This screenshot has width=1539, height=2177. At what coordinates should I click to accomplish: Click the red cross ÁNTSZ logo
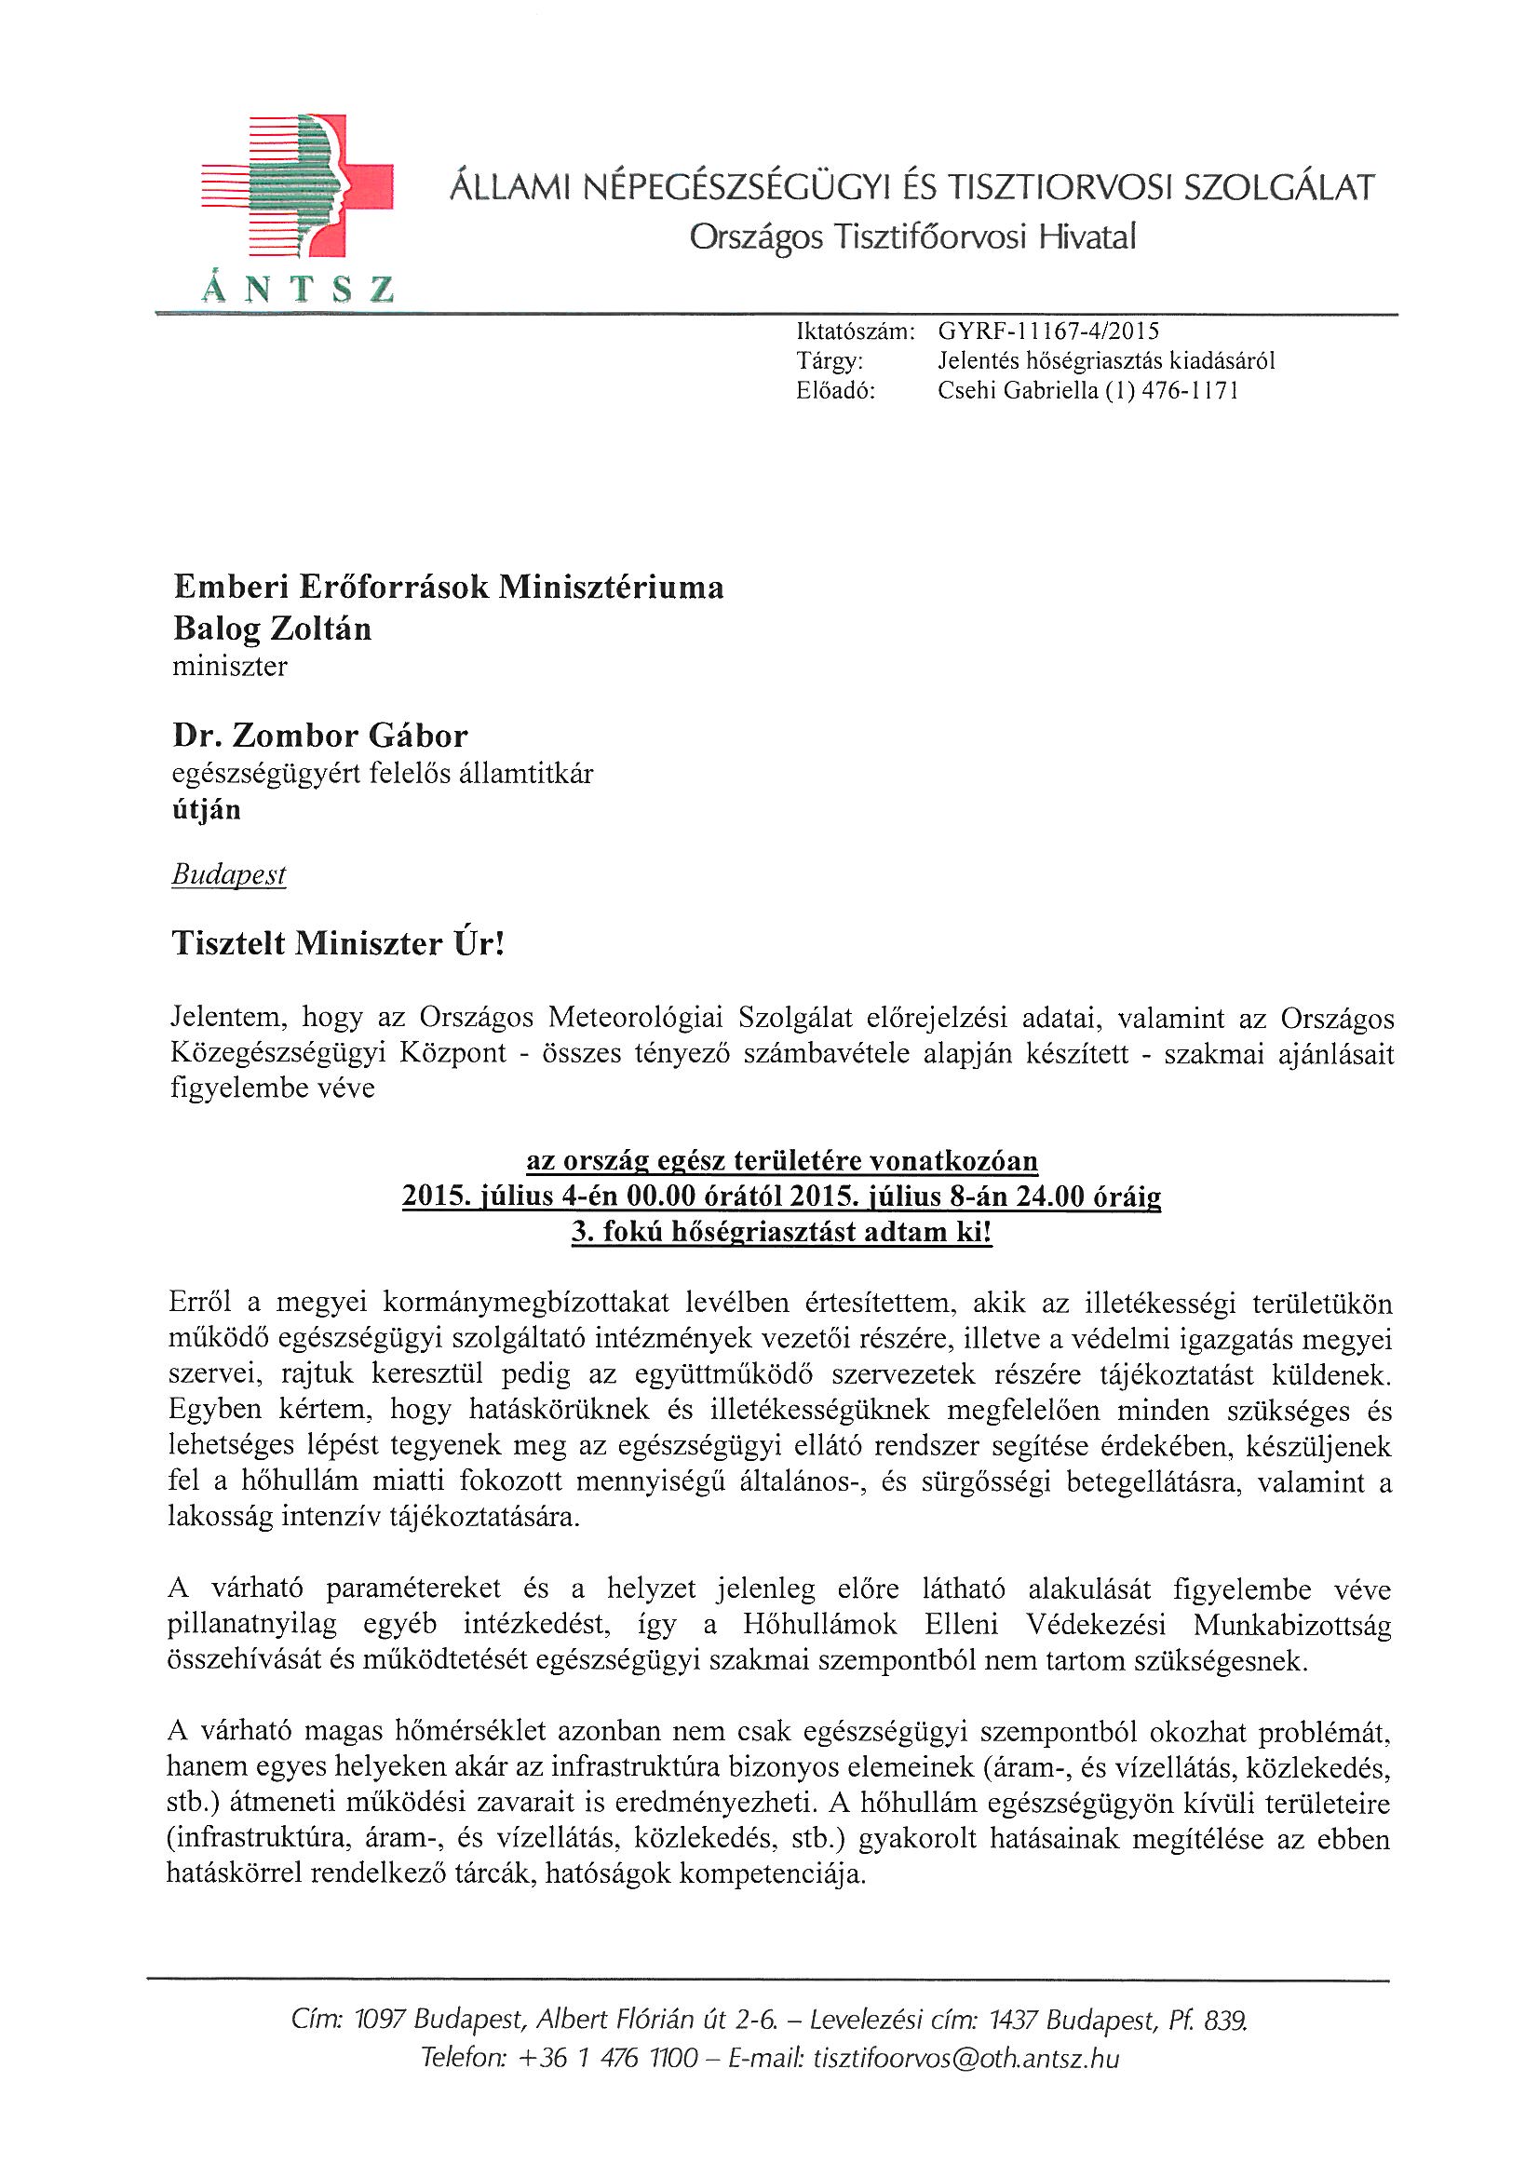click(298, 187)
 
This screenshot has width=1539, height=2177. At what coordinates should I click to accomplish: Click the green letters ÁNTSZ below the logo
click(298, 288)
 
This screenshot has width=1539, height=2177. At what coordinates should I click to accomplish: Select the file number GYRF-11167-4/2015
click(1047, 331)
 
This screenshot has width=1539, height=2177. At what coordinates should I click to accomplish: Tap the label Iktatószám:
click(856, 331)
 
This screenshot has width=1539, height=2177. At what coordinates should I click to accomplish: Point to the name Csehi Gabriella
click(1018, 391)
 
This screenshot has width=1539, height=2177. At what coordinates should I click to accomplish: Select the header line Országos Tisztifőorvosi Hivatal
click(912, 237)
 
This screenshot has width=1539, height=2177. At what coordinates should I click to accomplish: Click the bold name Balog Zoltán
click(272, 629)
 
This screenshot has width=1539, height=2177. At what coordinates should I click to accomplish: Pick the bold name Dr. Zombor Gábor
click(319, 735)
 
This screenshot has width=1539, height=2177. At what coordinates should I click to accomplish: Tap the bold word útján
click(206, 809)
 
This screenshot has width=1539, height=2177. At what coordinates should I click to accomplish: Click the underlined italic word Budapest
click(228, 874)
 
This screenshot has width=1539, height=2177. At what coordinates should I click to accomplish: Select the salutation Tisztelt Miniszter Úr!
click(338, 943)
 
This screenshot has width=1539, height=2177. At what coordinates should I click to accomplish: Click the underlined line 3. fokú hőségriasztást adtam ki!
click(781, 1232)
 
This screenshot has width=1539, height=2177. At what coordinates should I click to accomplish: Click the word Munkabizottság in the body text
click(1291, 1624)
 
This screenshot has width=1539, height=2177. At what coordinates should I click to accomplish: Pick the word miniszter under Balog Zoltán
click(229, 667)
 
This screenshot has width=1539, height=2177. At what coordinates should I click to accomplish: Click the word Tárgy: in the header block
click(830, 360)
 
